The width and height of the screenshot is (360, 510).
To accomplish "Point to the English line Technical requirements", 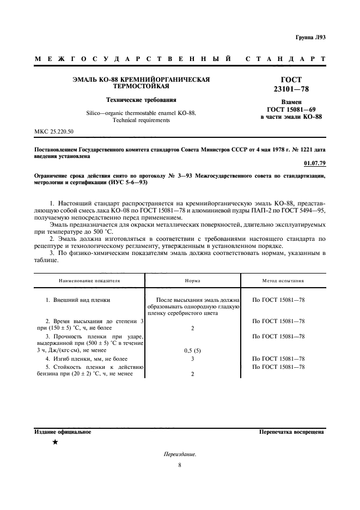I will [141, 120].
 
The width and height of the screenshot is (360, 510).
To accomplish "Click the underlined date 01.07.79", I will [314, 163].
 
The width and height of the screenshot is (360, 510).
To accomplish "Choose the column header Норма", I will [192, 281].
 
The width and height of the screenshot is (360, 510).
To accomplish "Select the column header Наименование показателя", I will [89, 281].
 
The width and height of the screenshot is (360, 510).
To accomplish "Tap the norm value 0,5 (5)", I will [193, 350].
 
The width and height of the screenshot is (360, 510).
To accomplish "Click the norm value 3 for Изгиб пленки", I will [193, 359].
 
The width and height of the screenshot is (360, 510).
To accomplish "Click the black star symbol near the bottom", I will [55, 442].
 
